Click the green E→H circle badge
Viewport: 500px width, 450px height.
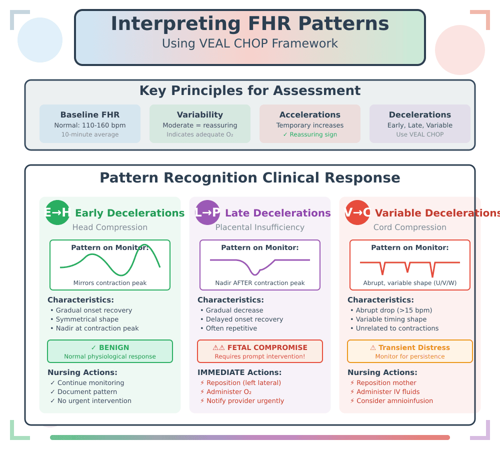pyautogui.click(x=57, y=212)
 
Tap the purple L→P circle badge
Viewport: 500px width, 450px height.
pyautogui.click(x=207, y=212)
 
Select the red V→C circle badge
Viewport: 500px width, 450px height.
pyautogui.click(x=357, y=212)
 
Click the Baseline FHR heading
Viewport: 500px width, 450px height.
pyautogui.click(x=90, y=115)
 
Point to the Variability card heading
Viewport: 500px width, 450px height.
pyautogui.click(x=200, y=115)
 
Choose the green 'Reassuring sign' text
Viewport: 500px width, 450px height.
pyautogui.click(x=310, y=134)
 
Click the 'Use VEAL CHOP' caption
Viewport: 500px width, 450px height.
pyautogui.click(x=420, y=134)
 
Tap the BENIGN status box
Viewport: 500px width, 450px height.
pyautogui.click(x=110, y=351)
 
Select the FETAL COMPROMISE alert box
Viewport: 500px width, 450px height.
pyautogui.click(x=260, y=351)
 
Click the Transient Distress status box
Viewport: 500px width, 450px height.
pyautogui.click(x=410, y=351)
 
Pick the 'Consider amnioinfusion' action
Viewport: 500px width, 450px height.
pyautogui.click(x=391, y=401)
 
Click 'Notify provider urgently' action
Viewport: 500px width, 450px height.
pyautogui.click(x=241, y=401)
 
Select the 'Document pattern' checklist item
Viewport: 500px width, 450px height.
pyautogui.click(x=83, y=392)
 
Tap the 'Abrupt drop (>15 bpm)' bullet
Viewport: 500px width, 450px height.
pyautogui.click(x=391, y=310)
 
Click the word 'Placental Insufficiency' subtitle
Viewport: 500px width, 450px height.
pyautogui.click(x=260, y=227)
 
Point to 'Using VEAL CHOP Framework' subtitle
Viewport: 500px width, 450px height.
pyautogui.click(x=249, y=43)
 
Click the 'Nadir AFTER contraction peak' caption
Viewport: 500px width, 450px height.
pyautogui.click(x=260, y=283)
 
